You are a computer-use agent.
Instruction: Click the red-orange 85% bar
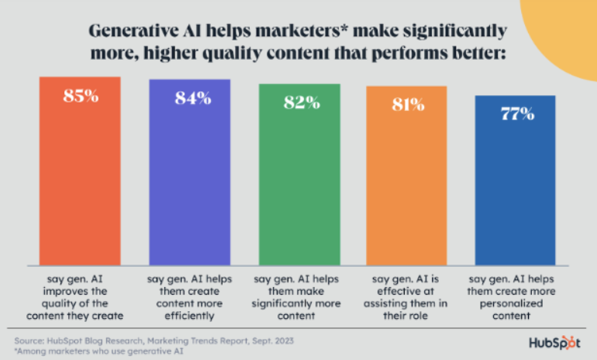[80, 171]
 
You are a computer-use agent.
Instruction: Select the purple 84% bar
[190, 172]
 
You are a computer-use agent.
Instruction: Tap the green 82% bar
[299, 175]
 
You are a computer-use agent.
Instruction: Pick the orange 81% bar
[406, 175]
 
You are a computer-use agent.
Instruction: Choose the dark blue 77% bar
[515, 180]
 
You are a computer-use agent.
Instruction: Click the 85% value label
[81, 96]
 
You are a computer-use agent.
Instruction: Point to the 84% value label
[193, 99]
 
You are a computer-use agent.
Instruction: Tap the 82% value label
[302, 102]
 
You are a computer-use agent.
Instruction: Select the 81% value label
[408, 105]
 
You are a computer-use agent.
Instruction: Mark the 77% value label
[517, 114]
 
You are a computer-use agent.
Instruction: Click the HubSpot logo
[554, 343]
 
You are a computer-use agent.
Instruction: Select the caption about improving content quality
[75, 297]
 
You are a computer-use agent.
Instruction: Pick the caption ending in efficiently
[190, 297]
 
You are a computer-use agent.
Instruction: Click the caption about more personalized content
[512, 297]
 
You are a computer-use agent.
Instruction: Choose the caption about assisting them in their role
[405, 297]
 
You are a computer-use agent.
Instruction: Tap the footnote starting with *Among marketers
[98, 351]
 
